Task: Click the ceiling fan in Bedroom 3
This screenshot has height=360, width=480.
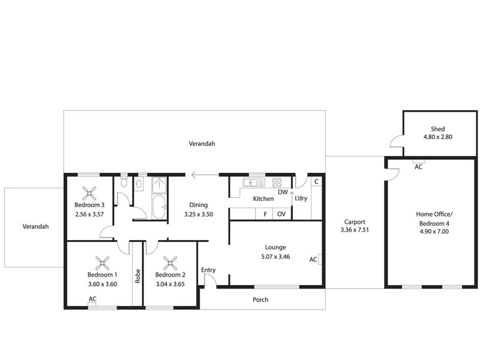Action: pyautogui.click(x=89, y=193)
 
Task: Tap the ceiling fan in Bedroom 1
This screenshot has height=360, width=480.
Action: pyautogui.click(x=102, y=263)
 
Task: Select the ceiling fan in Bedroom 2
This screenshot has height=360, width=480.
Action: pyautogui.click(x=170, y=263)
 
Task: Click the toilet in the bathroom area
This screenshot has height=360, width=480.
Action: pyautogui.click(x=124, y=181)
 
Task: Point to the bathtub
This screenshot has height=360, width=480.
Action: pyautogui.click(x=159, y=207)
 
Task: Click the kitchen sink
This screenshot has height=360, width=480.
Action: pyautogui.click(x=253, y=183)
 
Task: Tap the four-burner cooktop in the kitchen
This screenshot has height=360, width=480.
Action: pyautogui.click(x=277, y=182)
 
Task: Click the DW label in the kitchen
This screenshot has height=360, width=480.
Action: pyautogui.click(x=283, y=192)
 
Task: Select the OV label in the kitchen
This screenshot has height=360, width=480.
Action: pyautogui.click(x=281, y=214)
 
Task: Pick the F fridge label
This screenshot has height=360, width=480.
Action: pyautogui.click(x=265, y=214)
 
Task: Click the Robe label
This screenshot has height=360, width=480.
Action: pyautogui.click(x=138, y=276)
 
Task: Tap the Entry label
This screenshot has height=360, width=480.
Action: pyautogui.click(x=208, y=270)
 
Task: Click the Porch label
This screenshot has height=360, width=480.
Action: pyautogui.click(x=260, y=299)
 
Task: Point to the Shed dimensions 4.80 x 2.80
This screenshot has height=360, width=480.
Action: pyautogui.click(x=438, y=137)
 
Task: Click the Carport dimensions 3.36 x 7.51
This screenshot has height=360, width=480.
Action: pyautogui.click(x=355, y=230)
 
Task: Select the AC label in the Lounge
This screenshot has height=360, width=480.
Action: pyautogui.click(x=313, y=260)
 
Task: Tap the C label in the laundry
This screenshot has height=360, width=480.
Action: pyautogui.click(x=316, y=182)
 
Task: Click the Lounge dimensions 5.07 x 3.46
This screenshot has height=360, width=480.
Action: pyautogui.click(x=275, y=257)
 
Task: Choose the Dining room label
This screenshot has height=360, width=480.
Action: pyautogui.click(x=199, y=205)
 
